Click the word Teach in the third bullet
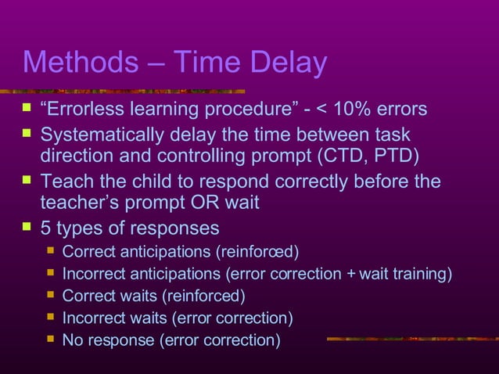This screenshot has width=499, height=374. pos(66,182)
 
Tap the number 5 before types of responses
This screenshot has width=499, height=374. pos(45,228)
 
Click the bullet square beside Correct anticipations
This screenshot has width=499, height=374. pos(51,251)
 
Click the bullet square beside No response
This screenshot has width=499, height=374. pos(51,340)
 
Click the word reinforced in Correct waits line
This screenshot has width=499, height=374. pos(206,296)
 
